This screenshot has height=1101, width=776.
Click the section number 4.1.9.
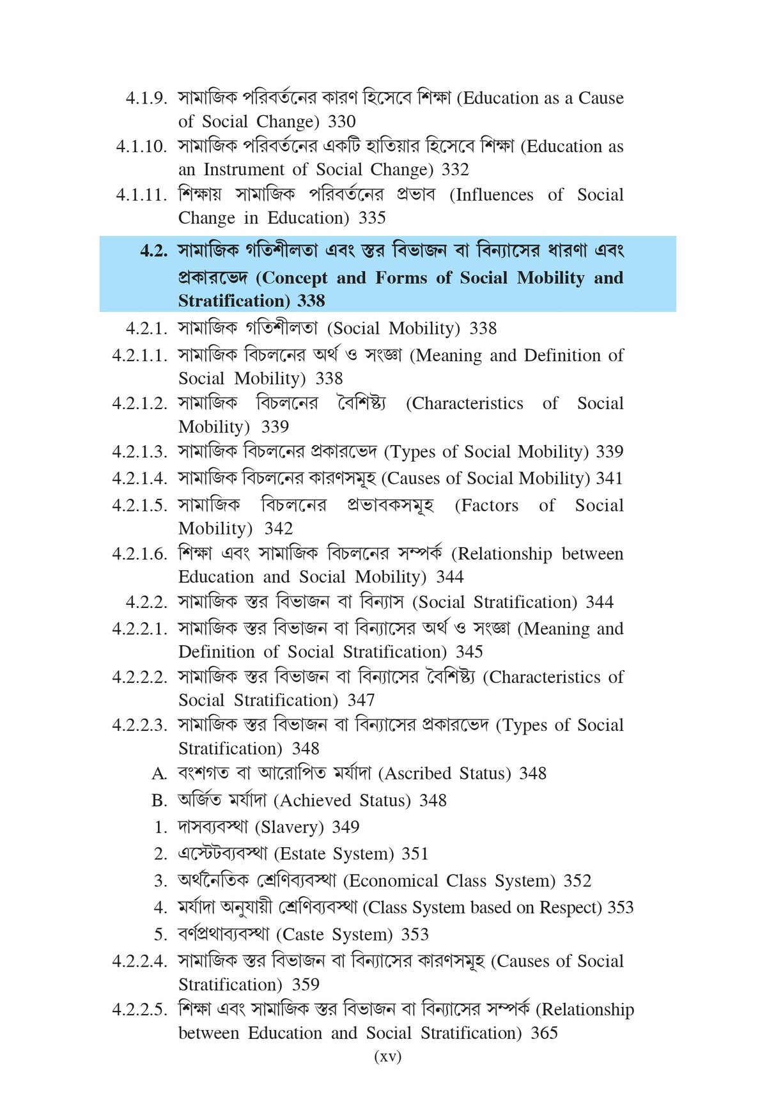point(146,98)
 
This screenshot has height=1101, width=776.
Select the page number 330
point(342,121)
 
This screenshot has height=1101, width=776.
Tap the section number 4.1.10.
point(141,146)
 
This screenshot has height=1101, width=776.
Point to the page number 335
point(372,218)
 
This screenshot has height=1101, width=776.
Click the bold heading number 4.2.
point(153,251)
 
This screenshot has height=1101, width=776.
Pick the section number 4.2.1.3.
point(139,452)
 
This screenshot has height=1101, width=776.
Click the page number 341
point(609,478)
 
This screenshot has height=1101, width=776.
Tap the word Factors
point(486,505)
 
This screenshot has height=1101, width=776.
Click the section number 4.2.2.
point(146,602)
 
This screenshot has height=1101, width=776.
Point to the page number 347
point(361,700)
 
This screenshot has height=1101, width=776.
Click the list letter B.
point(159,800)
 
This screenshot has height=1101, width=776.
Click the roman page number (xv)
point(387,1056)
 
